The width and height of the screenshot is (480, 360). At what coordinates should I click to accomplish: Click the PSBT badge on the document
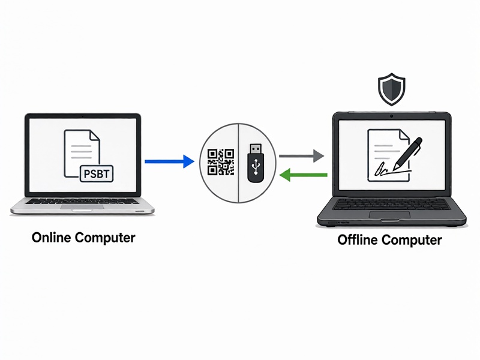point(97,173)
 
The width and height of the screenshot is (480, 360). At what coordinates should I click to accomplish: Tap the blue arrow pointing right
point(169,161)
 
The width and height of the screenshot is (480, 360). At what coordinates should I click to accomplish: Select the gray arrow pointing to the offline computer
point(302,156)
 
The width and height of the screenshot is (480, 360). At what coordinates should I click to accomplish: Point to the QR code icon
point(221,162)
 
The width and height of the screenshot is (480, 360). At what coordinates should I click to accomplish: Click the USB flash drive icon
point(256,163)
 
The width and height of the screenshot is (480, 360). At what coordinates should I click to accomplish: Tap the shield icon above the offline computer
point(392,89)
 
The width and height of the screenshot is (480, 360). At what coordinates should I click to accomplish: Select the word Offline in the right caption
point(358,239)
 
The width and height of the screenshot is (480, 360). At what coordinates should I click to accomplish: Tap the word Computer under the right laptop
point(412,240)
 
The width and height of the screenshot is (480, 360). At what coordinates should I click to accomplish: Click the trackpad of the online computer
point(82,207)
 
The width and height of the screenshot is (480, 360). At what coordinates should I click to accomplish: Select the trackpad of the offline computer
point(389,215)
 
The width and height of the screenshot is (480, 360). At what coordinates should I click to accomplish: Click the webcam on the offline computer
point(392,116)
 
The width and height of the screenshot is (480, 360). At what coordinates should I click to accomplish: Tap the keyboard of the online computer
point(82,201)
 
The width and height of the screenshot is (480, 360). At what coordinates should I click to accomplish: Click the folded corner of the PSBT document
point(94,136)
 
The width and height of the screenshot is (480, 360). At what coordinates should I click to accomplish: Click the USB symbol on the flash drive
point(256,166)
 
